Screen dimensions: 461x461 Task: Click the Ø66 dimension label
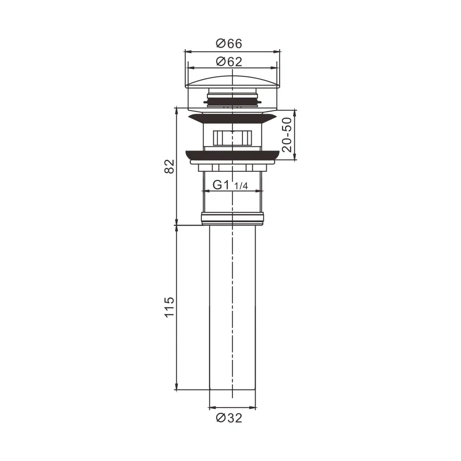229,43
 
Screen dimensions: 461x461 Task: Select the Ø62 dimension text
229,62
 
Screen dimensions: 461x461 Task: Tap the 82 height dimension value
169,166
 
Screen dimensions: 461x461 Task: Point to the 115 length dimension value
169,307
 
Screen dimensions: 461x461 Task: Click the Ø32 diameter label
229,419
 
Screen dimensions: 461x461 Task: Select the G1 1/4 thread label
230,185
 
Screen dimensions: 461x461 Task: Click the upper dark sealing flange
232,118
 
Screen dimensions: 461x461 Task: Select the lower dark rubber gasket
232,155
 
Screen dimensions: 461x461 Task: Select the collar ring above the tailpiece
232,218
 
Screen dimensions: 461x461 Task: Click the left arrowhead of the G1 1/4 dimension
204,191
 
